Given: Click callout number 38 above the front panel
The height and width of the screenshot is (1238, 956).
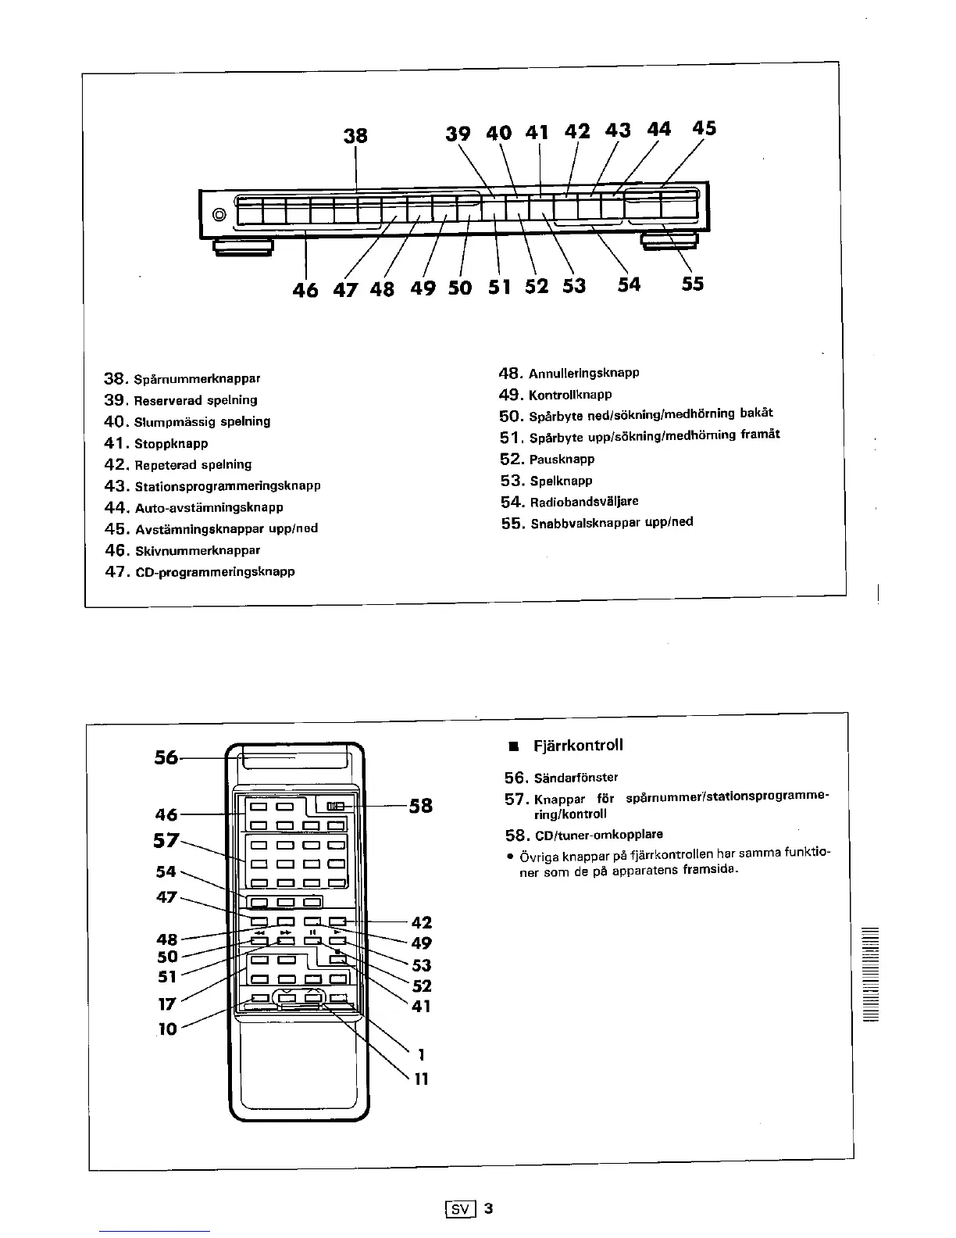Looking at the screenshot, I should tap(355, 135).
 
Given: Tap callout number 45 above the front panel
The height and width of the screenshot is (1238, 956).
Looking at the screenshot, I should tap(704, 128).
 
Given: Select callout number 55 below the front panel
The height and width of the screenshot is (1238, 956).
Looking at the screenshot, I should tap(692, 284).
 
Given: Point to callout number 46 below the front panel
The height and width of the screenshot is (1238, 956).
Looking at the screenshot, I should tap(305, 289).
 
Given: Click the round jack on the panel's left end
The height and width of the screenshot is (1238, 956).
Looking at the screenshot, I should tap(219, 214).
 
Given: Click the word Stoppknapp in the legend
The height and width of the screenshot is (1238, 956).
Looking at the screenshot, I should tap(171, 444).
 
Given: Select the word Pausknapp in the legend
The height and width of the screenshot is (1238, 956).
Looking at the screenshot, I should tap(562, 460).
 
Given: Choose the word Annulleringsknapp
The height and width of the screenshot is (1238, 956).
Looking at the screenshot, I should tap(583, 373).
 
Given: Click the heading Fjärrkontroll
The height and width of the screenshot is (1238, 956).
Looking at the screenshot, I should tap(578, 745).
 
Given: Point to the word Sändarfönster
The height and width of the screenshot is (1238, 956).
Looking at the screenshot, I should tap(573, 777).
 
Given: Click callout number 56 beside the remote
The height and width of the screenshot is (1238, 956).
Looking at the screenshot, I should tap(166, 757).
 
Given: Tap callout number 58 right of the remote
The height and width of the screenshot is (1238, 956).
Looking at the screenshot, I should tap(421, 806).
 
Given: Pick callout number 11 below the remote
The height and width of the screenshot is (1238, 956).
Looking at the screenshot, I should tap(421, 1079).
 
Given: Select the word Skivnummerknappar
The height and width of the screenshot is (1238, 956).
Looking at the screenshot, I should tap(198, 550).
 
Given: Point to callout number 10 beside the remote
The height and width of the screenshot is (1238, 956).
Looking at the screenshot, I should tap(167, 1029).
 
